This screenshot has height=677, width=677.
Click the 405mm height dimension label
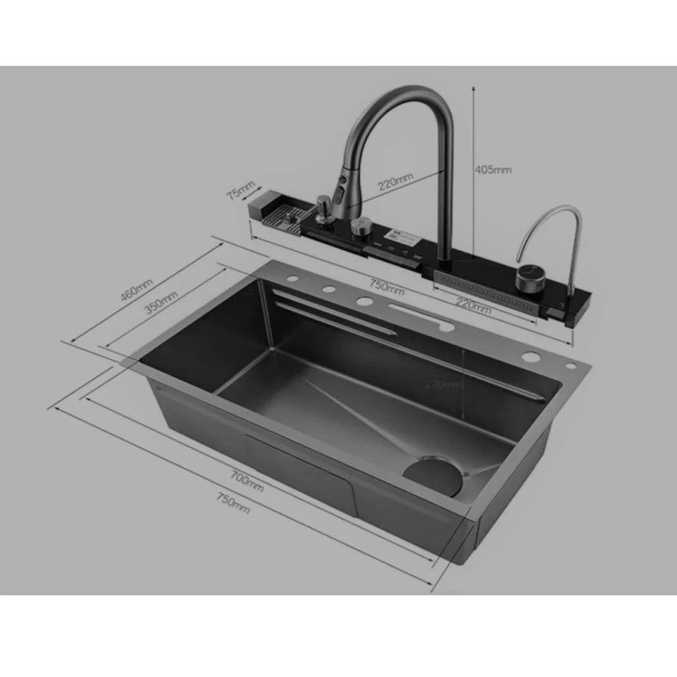click(x=494, y=170)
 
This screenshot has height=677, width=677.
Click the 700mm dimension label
click(x=246, y=480)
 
